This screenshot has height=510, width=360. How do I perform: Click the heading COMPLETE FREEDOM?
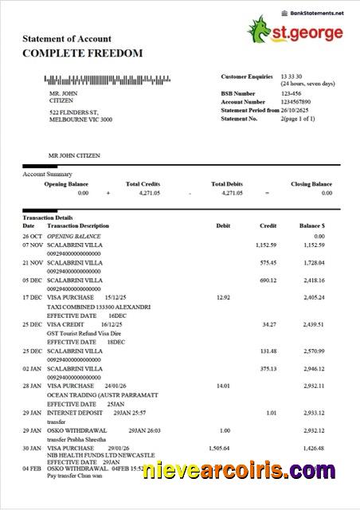(x=83, y=53)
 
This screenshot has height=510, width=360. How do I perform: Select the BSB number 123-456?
(x=291, y=93)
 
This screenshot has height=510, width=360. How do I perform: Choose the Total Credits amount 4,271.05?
(x=143, y=193)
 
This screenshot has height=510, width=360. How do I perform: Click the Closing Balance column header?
(x=311, y=184)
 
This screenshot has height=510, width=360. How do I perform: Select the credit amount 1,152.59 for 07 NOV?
(x=267, y=245)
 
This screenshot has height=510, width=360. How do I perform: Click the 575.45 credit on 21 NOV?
(x=268, y=262)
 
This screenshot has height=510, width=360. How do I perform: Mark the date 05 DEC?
(x=33, y=280)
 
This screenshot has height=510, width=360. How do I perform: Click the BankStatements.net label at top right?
(x=317, y=14)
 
